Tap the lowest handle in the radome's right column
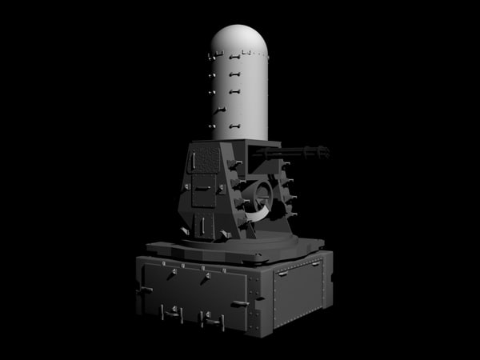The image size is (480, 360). click(x=235, y=126)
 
